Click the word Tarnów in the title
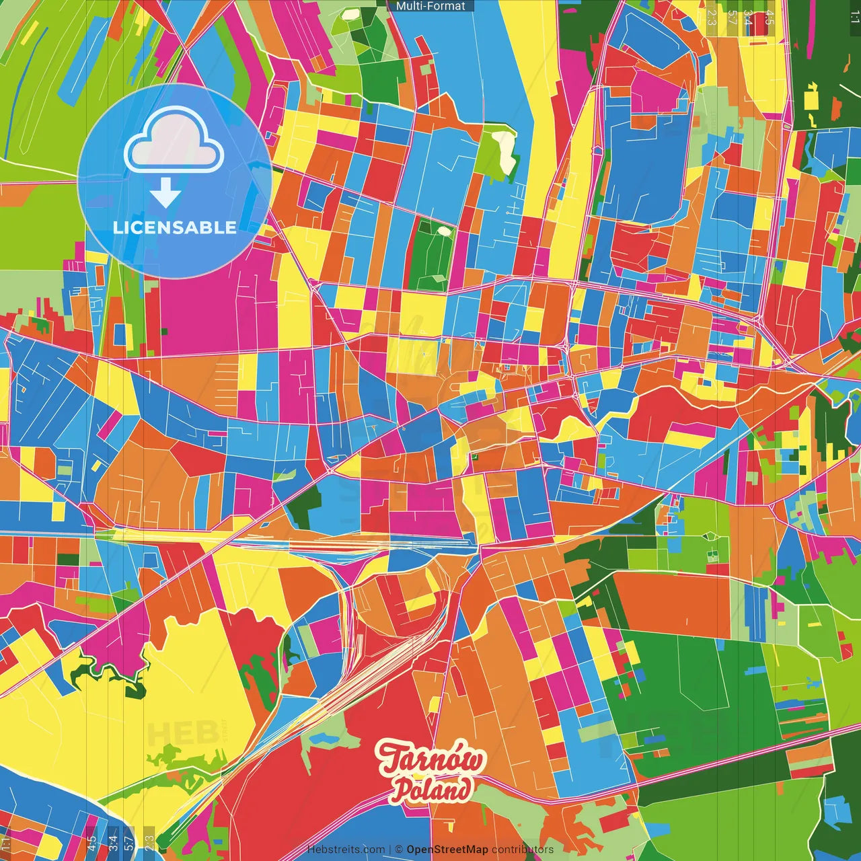pos(430,759)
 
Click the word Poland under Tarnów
pos(431,790)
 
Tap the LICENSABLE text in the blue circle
pos(174,227)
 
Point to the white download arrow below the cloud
pos(165,194)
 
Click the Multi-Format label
pos(430,6)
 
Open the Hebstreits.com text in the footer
pos(346,850)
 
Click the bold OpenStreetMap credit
pos(447,850)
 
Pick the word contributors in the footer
pos(522,850)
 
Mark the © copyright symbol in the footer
pos(398,850)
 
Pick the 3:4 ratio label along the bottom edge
pos(113,842)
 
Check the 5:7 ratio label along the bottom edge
pos(129,842)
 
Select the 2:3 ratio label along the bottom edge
pos(149,842)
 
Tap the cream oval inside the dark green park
pos(443,231)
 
